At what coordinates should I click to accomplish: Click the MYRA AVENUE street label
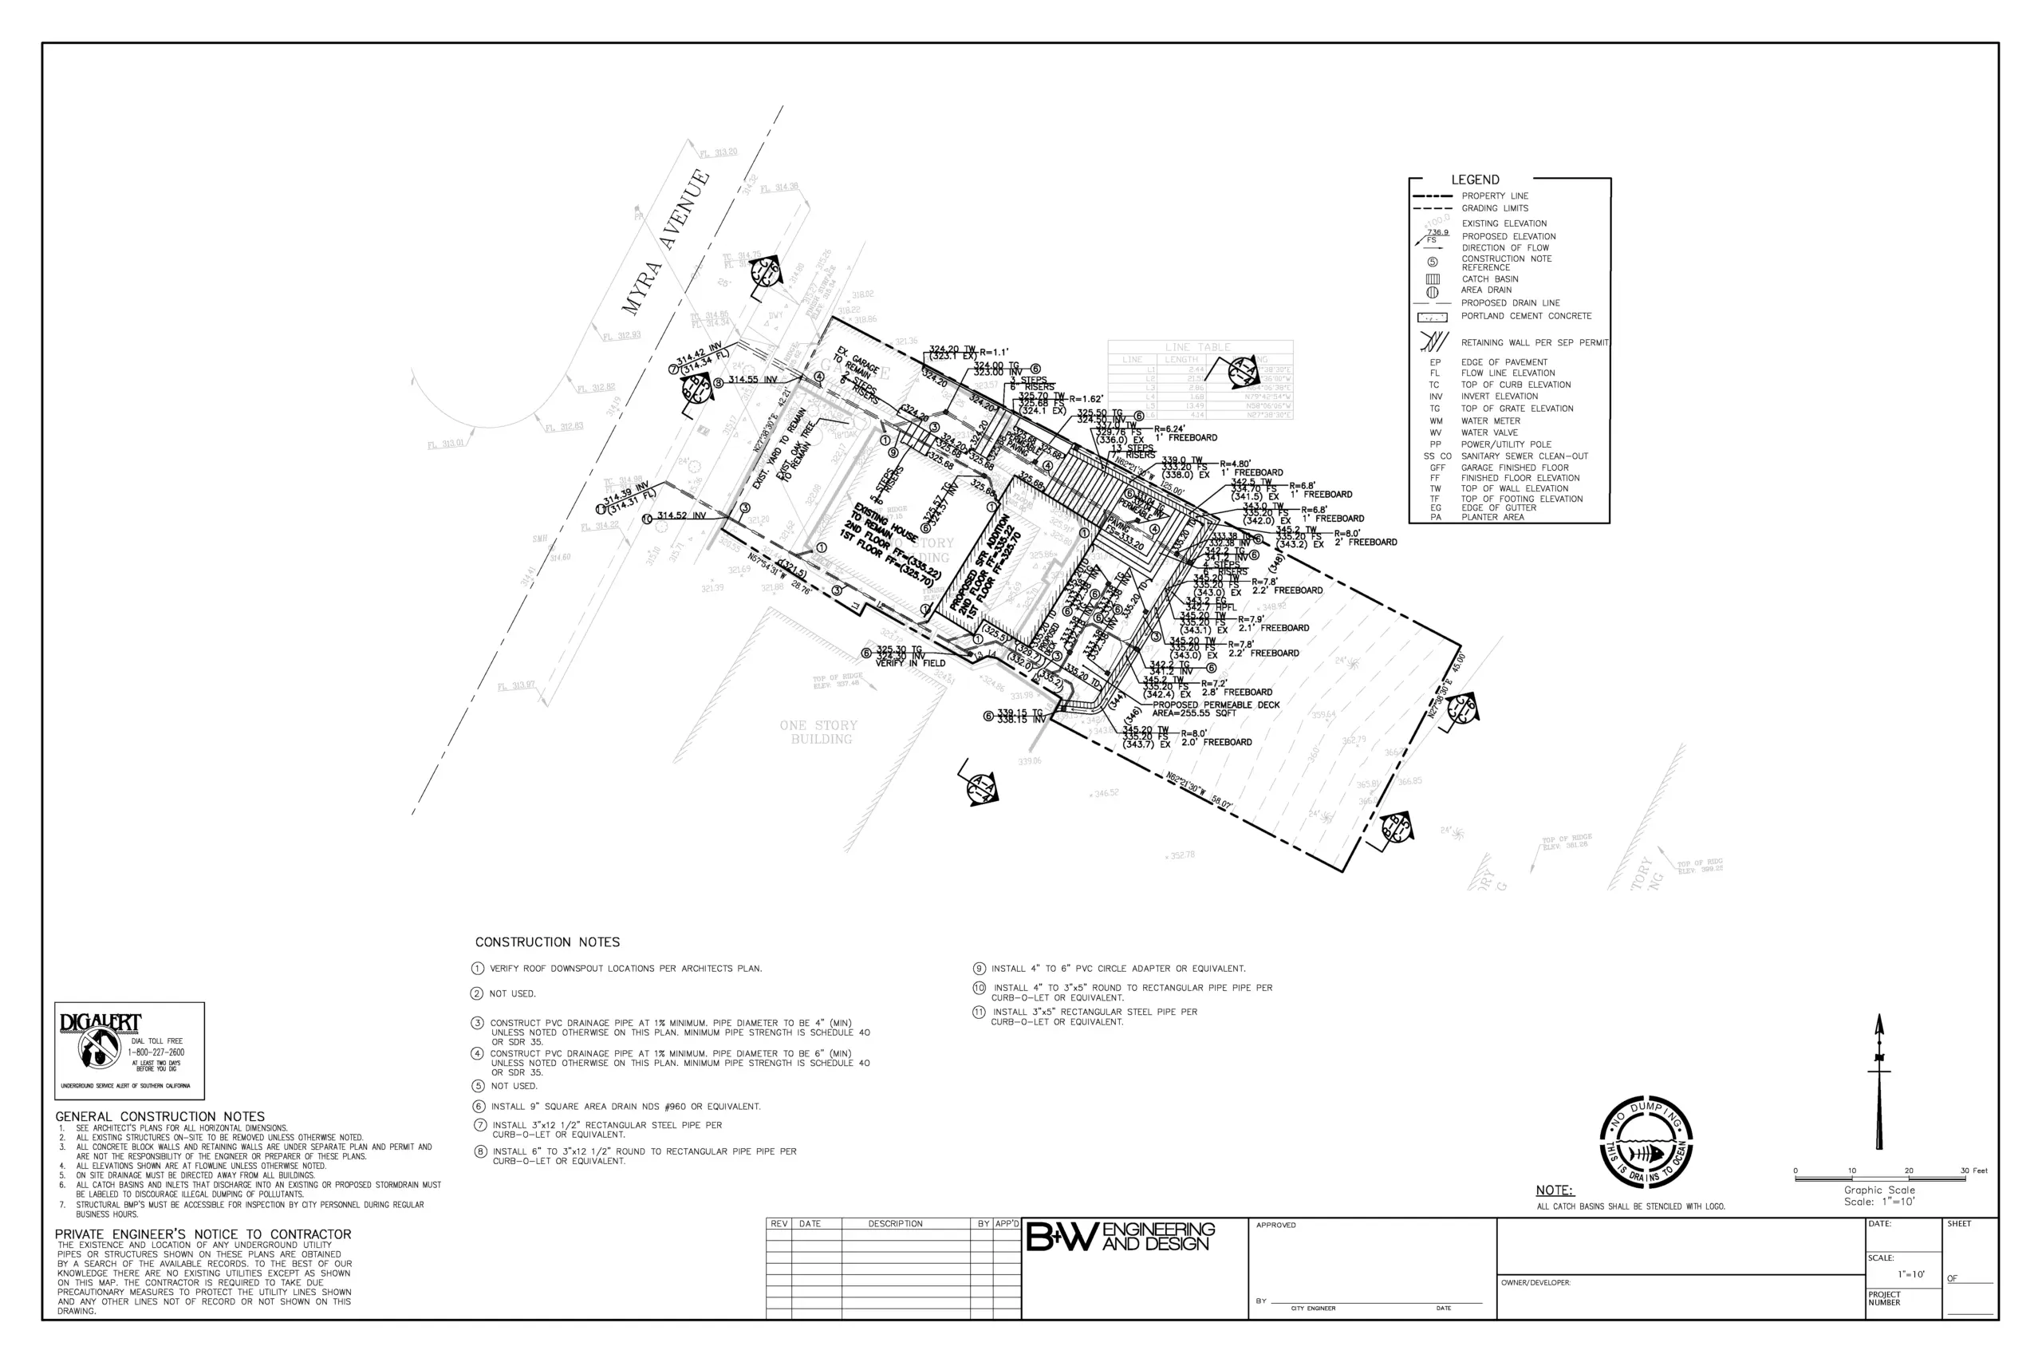pyautogui.click(x=666, y=242)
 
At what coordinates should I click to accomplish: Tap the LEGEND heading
pyautogui.click(x=1474, y=180)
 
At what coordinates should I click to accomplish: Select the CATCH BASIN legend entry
pyautogui.click(x=1490, y=278)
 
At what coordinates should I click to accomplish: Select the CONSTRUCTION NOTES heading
pyautogui.click(x=547, y=942)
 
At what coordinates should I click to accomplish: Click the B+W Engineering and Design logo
pyautogui.click(x=1120, y=1236)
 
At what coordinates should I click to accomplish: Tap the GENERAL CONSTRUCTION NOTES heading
pyautogui.click(x=160, y=1116)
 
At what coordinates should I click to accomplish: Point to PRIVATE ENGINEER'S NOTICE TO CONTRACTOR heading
pyautogui.click(x=203, y=1234)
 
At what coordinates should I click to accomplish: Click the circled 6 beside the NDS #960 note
pyautogui.click(x=478, y=1107)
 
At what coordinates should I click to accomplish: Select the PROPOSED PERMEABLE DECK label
pyautogui.click(x=1216, y=705)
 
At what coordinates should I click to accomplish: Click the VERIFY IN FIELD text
pyautogui.click(x=910, y=664)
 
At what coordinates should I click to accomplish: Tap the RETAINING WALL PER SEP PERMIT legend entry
pyautogui.click(x=1534, y=342)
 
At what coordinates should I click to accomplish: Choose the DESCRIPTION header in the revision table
pyautogui.click(x=895, y=1224)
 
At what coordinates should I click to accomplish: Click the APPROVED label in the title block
pyautogui.click(x=1275, y=1226)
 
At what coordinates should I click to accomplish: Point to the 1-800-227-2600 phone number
pyautogui.click(x=156, y=1052)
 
